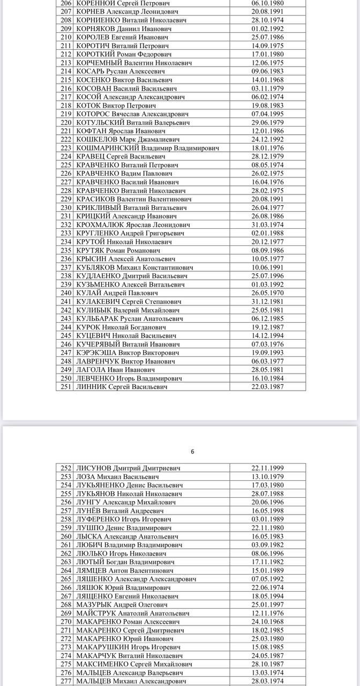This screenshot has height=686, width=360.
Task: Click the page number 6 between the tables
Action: pos(192,452)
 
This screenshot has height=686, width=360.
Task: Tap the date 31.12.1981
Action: pos(267,301)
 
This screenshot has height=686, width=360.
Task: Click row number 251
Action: pos(66,386)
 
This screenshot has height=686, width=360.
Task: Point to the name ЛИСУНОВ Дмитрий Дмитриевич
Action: pos(128,468)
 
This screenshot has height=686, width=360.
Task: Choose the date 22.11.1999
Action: pos(267,468)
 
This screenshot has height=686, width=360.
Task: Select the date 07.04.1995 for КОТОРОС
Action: pos(267,114)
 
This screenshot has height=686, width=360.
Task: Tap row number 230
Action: pos(66,207)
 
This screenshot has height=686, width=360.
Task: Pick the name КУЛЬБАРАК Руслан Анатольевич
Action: pos(131,318)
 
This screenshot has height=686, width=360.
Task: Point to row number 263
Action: pos(66,562)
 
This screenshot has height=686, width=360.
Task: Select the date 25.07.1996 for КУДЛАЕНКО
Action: pos(267,275)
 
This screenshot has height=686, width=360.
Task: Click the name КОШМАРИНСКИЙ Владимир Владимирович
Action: pos(147,148)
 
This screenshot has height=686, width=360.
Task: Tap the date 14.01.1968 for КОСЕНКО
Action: pos(267,80)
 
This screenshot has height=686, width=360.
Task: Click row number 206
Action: pos(66,3)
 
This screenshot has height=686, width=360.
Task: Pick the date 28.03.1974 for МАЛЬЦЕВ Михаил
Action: pos(267,681)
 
